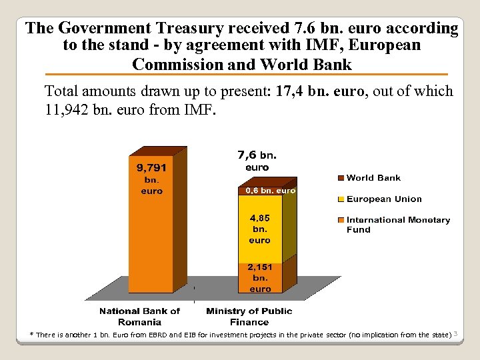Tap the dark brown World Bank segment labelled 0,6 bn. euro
pyautogui.click(x=260, y=191)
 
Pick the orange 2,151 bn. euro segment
pyautogui.click(x=260, y=277)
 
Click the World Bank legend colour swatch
pyautogui.click(x=341, y=178)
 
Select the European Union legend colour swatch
pyautogui.click(x=341, y=199)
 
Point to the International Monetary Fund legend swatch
pyautogui.click(x=341, y=220)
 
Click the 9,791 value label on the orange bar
pyautogui.click(x=151, y=168)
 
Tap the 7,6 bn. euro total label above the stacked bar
pyautogui.click(x=257, y=160)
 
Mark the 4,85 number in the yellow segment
pyautogui.click(x=260, y=217)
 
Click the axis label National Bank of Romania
pyautogui.click(x=139, y=316)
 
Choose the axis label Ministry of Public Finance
pyautogui.click(x=249, y=316)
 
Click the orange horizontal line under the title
pyautogui.click(x=240, y=74)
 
